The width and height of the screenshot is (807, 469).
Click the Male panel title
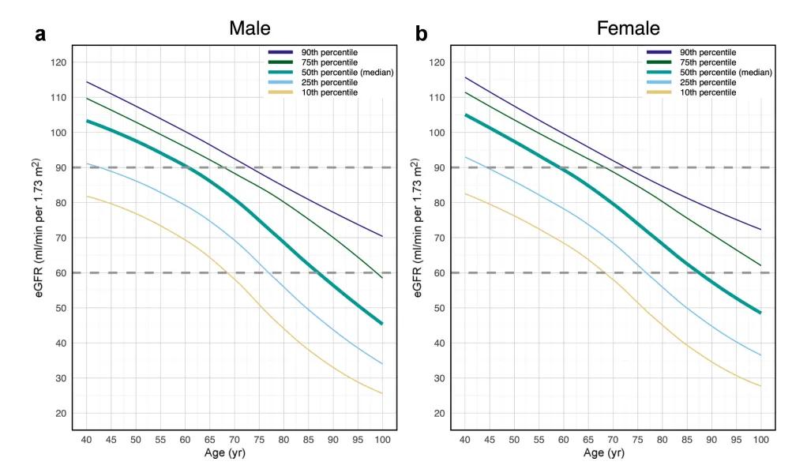[250, 28]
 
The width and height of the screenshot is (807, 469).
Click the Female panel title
[628, 28]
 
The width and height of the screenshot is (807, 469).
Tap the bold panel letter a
[39, 34]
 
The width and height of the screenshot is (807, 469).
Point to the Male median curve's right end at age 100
[382, 324]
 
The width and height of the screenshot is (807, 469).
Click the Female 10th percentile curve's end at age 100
[760, 386]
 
